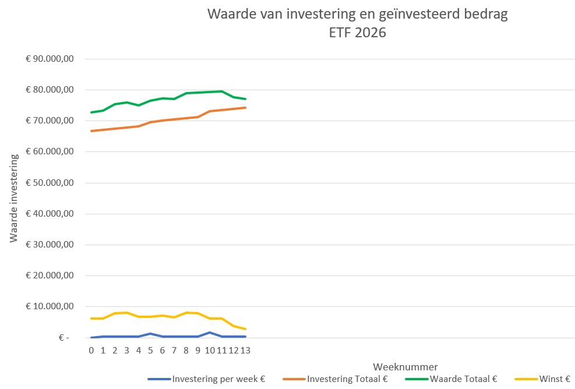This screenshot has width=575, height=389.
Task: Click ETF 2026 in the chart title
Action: click(358, 33)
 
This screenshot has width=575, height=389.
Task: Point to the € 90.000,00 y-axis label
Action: click(50, 59)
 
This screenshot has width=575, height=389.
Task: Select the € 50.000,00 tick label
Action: click(50, 183)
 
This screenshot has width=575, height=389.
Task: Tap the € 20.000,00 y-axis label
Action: click(50, 275)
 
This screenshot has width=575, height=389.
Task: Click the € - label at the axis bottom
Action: click(64, 338)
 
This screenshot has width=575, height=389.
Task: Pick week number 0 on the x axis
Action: click(91, 351)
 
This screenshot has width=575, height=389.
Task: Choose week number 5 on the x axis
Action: click(150, 351)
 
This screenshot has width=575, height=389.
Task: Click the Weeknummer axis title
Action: click(405, 366)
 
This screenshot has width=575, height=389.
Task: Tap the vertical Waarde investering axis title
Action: click(13, 195)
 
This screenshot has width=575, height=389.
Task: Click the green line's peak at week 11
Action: click(221, 91)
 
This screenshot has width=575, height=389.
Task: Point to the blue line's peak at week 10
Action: click(210, 333)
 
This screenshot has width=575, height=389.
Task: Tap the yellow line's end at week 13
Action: click(245, 329)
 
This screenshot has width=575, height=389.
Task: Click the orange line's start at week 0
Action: click(91, 131)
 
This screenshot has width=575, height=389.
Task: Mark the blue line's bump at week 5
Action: click(150, 334)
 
